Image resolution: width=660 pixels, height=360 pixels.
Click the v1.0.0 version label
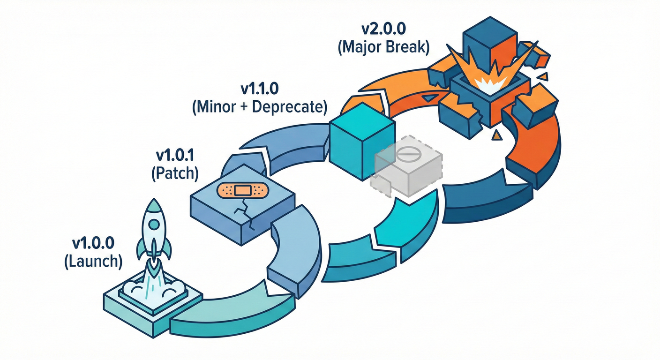point(93,244)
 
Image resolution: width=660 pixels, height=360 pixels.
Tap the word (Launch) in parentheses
point(93,262)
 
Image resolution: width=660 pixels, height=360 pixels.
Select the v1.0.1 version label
point(175,155)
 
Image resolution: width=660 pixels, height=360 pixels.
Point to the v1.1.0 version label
point(259,89)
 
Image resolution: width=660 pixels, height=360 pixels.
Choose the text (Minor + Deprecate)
point(259,107)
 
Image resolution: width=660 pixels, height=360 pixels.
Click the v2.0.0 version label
point(384,29)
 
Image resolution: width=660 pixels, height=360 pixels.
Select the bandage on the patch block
point(241,190)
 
